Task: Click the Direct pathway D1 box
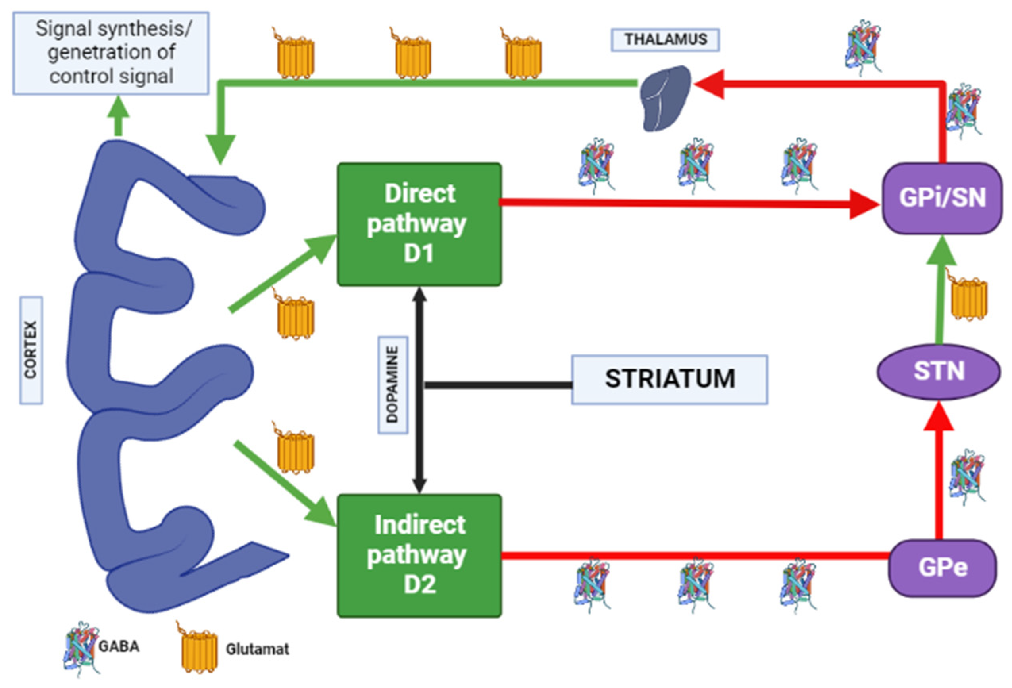(x=419, y=224)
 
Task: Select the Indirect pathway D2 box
(x=419, y=555)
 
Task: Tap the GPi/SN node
(x=942, y=198)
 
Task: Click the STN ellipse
(x=939, y=371)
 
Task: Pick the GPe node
(x=942, y=567)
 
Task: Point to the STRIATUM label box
(x=669, y=379)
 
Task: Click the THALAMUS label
(x=665, y=40)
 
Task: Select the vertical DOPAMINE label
(x=393, y=385)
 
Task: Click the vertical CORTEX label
(x=31, y=350)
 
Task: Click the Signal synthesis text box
(x=111, y=53)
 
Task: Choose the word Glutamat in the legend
(x=257, y=649)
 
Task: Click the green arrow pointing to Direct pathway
(x=283, y=273)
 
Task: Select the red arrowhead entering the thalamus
(x=710, y=84)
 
